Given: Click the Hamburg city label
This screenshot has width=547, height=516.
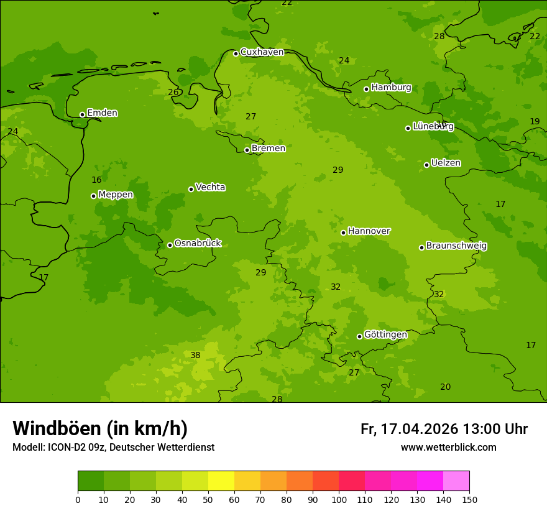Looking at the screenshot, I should pos(391,88).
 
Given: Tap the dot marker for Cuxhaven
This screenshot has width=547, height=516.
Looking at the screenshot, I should pos(236,53).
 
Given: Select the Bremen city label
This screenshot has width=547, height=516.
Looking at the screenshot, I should pos(268,149).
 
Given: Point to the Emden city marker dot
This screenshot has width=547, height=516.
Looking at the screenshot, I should pos(82,114).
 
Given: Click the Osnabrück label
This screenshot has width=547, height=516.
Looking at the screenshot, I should pos(197,244).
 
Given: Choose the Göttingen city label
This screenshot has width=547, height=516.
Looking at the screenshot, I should pos(385,335).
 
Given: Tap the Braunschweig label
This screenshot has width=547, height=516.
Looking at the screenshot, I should pos(456,246).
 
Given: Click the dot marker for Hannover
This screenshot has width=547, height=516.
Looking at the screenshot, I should pos(343,233).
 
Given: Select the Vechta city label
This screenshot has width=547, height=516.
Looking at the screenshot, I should pos(210,187).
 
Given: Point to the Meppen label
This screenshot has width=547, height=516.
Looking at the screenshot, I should pos(116,195).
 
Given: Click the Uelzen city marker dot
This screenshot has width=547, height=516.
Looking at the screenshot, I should pos(426,165).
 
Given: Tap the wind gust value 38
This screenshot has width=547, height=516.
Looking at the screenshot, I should pos(195,355).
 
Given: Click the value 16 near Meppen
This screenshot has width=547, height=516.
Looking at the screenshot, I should pos(96,180).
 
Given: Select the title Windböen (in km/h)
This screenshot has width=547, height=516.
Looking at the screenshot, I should pos(100,428).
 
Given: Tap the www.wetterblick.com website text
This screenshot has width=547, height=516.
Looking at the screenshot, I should pos(448,448).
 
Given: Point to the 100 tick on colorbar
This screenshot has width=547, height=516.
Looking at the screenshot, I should pos(339,499).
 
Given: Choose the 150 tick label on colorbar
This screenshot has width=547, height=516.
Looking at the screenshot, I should pos(469,499).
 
